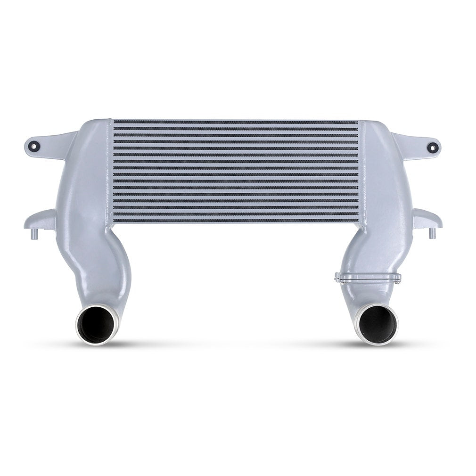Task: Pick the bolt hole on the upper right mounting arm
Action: click(431, 146)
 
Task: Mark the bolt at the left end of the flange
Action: click(336, 279)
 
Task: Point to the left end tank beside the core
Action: click(90, 179)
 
